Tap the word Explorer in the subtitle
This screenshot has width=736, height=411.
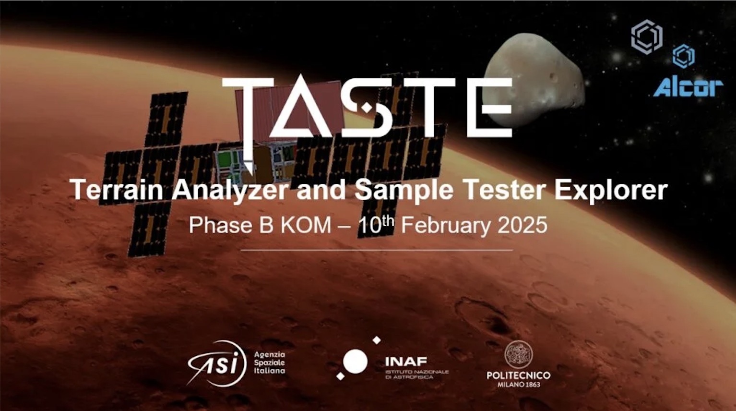click(x=611, y=191)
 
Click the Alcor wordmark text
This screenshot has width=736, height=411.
click(x=688, y=88)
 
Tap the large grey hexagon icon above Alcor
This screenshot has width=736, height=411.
click(x=647, y=36)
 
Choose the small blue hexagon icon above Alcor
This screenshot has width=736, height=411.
click(x=683, y=56)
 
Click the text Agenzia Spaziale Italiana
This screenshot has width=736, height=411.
click(x=270, y=363)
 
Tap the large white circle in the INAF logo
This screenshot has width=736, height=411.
click(x=355, y=362)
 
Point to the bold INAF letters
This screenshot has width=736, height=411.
click(x=406, y=362)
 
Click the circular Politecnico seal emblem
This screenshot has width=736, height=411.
click(x=519, y=354)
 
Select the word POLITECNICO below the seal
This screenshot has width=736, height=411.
click(x=519, y=375)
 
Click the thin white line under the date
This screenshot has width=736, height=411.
click(x=377, y=250)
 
